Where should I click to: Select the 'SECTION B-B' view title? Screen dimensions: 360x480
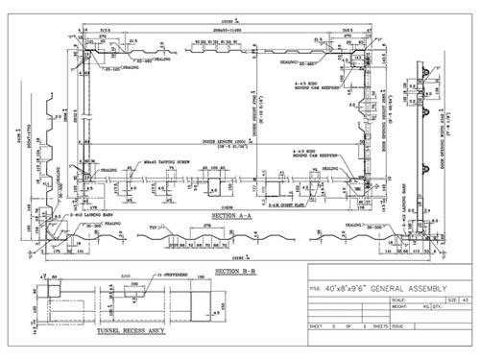tap(234, 272)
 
